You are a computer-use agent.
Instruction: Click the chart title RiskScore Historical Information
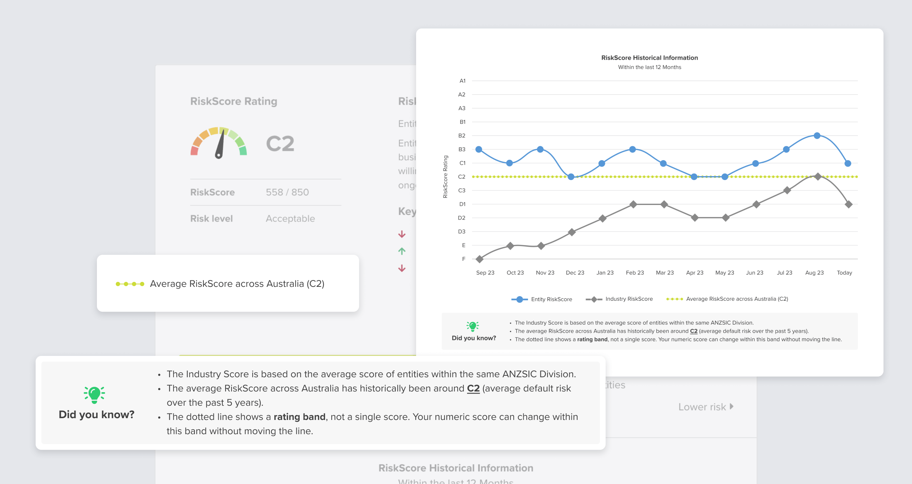tap(649, 58)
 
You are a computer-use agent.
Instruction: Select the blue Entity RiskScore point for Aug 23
tap(817, 136)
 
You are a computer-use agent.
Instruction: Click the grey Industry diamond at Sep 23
tap(480, 259)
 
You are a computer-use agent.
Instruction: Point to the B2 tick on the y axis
tap(462, 136)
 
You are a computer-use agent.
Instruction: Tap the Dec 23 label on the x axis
tap(575, 273)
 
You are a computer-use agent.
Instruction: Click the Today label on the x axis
tap(844, 273)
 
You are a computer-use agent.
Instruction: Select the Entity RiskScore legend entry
tap(542, 299)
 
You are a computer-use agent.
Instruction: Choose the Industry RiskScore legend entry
tap(620, 299)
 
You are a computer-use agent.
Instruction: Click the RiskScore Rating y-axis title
tap(445, 177)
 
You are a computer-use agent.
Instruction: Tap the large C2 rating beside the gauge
tap(280, 144)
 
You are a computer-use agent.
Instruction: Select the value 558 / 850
tap(287, 192)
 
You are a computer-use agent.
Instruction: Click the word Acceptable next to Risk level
tap(290, 219)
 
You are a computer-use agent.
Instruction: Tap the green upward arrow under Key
tap(402, 251)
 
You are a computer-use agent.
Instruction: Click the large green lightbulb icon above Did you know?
tap(94, 394)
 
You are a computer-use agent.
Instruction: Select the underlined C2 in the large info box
tap(473, 388)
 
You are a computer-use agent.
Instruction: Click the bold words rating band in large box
tap(299, 417)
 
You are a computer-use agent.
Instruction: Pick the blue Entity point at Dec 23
tap(571, 177)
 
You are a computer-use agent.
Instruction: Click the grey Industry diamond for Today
tap(849, 204)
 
